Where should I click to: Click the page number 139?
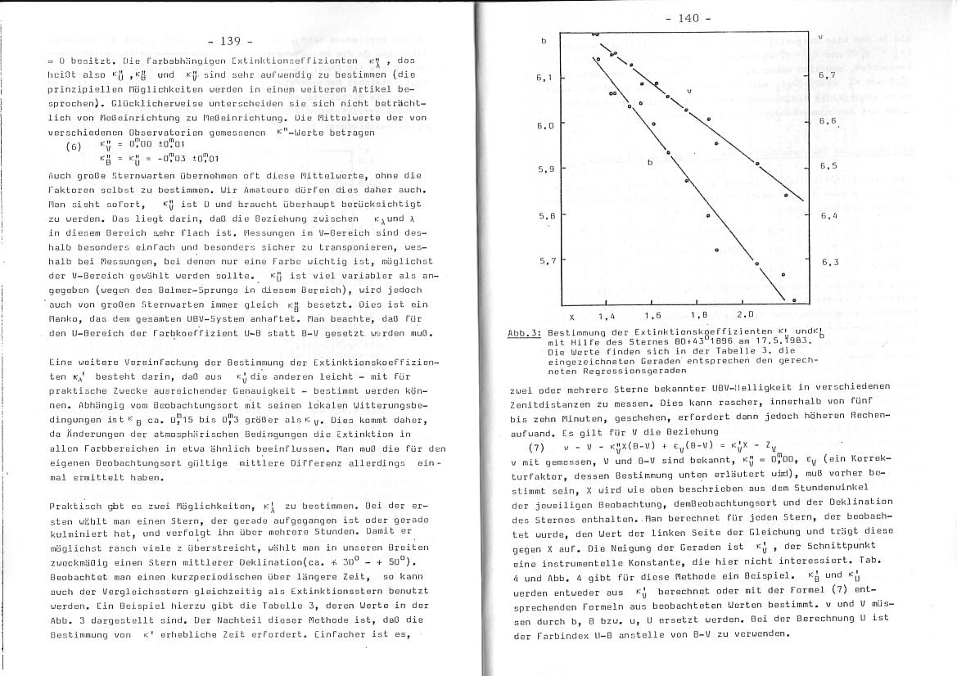coord(232,41)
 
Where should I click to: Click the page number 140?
coord(688,18)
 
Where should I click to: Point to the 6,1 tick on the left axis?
coord(544,78)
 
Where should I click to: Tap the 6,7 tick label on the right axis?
coord(827,75)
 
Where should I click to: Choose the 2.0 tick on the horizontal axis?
coord(746,314)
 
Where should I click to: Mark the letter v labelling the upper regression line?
coord(689,91)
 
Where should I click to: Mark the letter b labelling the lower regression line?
coord(650,162)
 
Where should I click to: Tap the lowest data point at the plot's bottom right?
coord(794,300)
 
